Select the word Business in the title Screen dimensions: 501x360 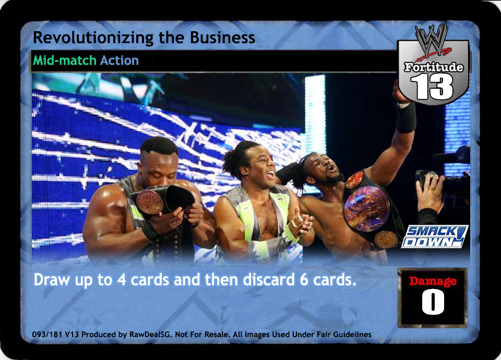(x=222, y=37)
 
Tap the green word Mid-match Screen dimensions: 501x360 (x=65, y=60)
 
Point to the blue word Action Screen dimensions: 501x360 (x=119, y=60)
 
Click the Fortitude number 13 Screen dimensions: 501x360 (x=432, y=87)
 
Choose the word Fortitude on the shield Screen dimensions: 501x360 (x=434, y=67)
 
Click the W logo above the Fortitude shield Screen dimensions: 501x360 (x=432, y=40)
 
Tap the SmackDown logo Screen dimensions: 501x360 (x=434, y=236)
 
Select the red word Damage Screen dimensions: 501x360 (x=433, y=281)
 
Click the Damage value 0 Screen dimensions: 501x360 (x=433, y=302)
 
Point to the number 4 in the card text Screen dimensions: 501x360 (x=122, y=280)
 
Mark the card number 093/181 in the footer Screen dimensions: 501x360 (x=46, y=334)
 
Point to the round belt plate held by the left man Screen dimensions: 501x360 (x=150, y=202)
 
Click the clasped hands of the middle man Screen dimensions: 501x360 (x=301, y=225)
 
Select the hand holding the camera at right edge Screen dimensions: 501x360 (x=430, y=191)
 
